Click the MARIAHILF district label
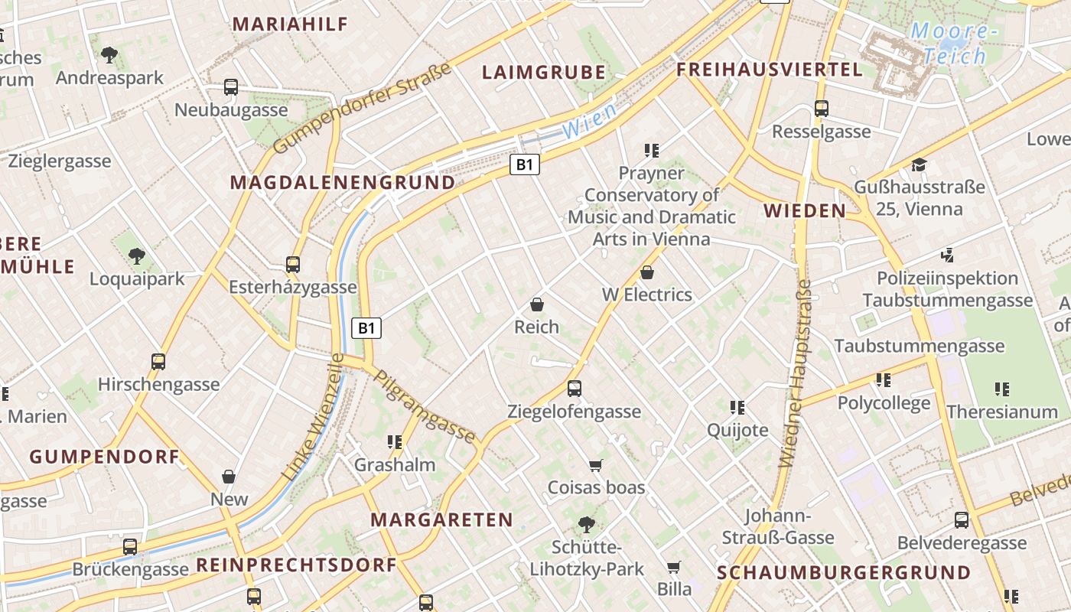coord(290,24)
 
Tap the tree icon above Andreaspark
coord(109,55)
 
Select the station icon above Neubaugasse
coord(231,87)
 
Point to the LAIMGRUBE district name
coord(543,73)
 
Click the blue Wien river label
coord(589,122)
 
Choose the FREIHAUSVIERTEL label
coord(770,70)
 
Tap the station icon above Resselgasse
coord(821,109)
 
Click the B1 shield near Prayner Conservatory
coord(525,164)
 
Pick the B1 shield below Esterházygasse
coord(366,328)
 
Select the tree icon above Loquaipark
coord(137,256)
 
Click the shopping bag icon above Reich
coord(536,304)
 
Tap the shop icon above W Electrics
coord(647,272)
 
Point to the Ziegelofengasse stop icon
coord(575,389)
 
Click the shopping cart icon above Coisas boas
coord(596,465)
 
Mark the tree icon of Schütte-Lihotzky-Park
coord(587,525)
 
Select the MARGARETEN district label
coord(442,520)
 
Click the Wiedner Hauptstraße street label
coord(796,374)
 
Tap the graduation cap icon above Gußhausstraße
coord(919,164)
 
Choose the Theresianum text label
coord(1001,412)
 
